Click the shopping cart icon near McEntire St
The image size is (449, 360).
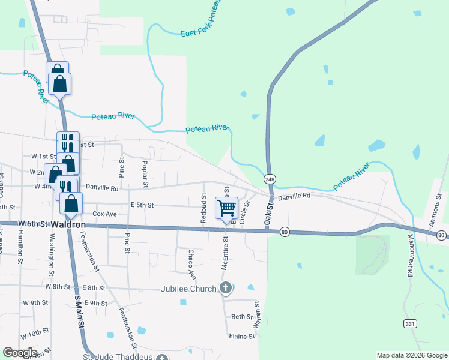(x=226, y=208)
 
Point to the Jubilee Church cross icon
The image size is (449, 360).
(x=225, y=289)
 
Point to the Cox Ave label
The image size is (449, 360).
(x=104, y=214)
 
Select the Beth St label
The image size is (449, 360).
(x=242, y=316)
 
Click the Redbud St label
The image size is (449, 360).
(x=204, y=209)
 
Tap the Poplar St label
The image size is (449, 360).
(x=145, y=173)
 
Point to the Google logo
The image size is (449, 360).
(x=20, y=353)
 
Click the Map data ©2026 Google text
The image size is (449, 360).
(x=411, y=355)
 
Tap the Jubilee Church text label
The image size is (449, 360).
(x=188, y=289)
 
